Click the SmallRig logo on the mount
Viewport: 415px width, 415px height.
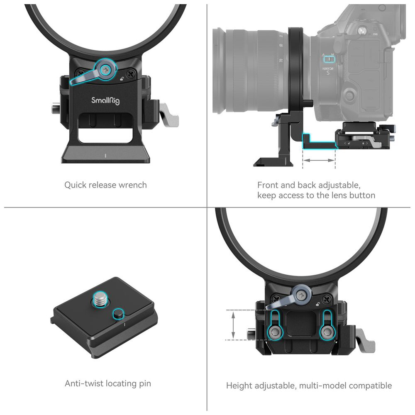point(105,100)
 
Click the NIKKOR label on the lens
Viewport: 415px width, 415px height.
point(328,68)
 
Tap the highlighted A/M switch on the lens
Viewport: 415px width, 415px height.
point(329,59)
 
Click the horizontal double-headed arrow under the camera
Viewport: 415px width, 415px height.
point(319,160)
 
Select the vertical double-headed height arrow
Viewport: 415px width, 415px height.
point(233,325)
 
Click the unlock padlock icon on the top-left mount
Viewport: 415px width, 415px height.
point(122,78)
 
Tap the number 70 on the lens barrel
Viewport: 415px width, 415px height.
point(281,61)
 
